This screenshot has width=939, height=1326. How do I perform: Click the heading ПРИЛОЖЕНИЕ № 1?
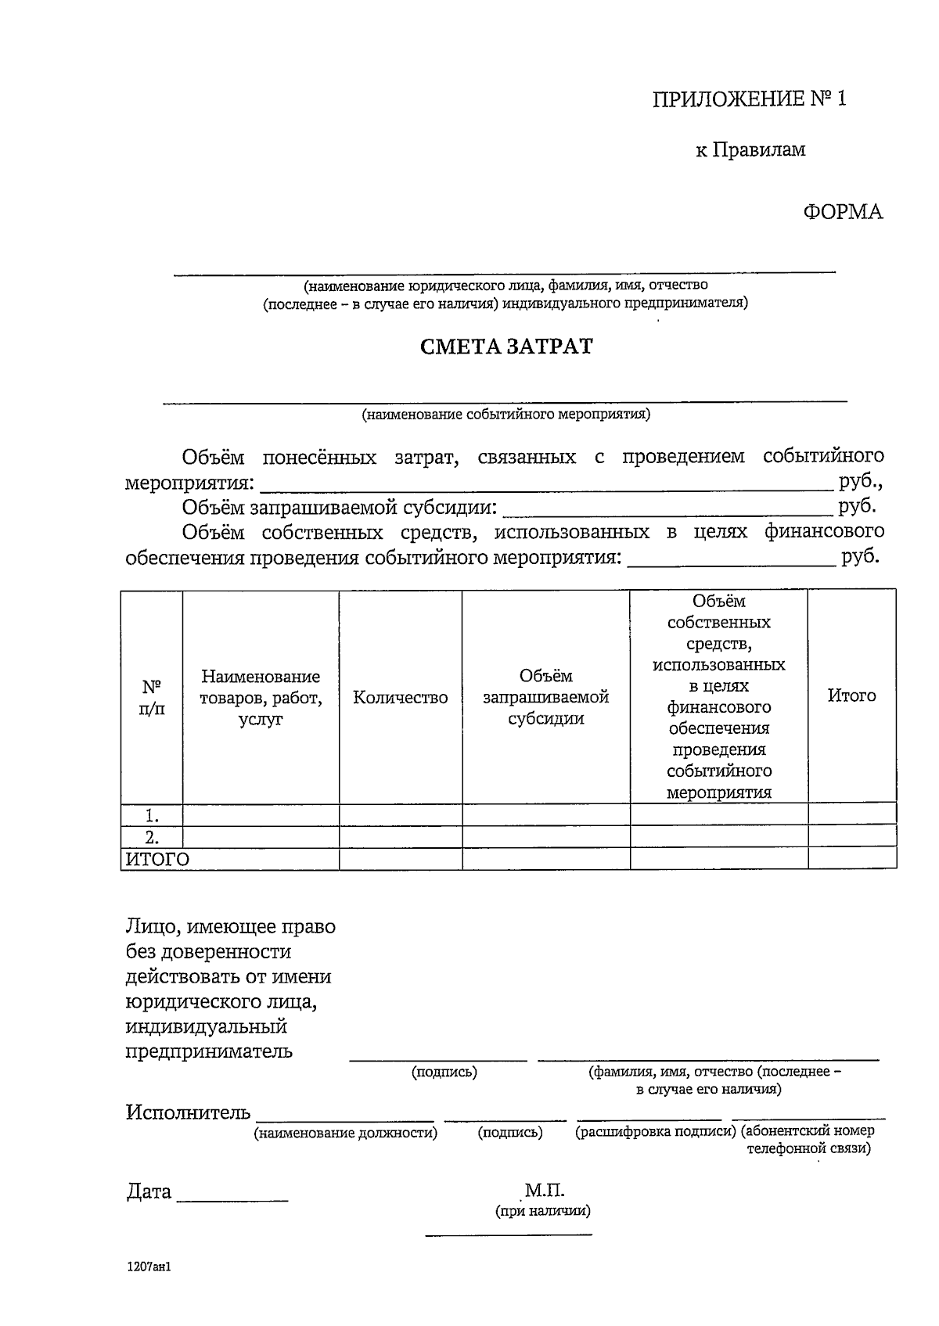[750, 99]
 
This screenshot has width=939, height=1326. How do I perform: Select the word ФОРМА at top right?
[842, 212]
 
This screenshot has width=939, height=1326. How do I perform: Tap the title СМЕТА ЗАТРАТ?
[506, 347]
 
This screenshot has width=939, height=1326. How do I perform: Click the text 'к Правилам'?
[750, 149]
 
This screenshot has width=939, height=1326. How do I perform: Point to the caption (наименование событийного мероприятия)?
[505, 415]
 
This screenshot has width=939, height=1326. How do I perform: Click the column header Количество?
[400, 698]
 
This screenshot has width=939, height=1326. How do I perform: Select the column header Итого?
[851, 695]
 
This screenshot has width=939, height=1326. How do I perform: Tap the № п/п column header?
[152, 698]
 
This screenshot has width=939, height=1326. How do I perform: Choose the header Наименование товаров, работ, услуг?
[261, 698]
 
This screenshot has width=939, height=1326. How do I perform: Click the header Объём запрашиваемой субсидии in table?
[545, 698]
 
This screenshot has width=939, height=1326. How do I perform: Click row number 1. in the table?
[152, 815]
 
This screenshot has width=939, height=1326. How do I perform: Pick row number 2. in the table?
[152, 837]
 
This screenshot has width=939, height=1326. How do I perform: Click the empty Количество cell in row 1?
[400, 815]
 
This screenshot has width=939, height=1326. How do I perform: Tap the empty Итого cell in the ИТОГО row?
[851, 859]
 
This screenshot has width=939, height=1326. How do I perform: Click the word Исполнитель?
[188, 1112]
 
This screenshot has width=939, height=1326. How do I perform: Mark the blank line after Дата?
[232, 1197]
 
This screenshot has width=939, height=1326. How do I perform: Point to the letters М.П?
[545, 1191]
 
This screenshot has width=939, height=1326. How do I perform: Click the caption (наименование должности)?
[345, 1133]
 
